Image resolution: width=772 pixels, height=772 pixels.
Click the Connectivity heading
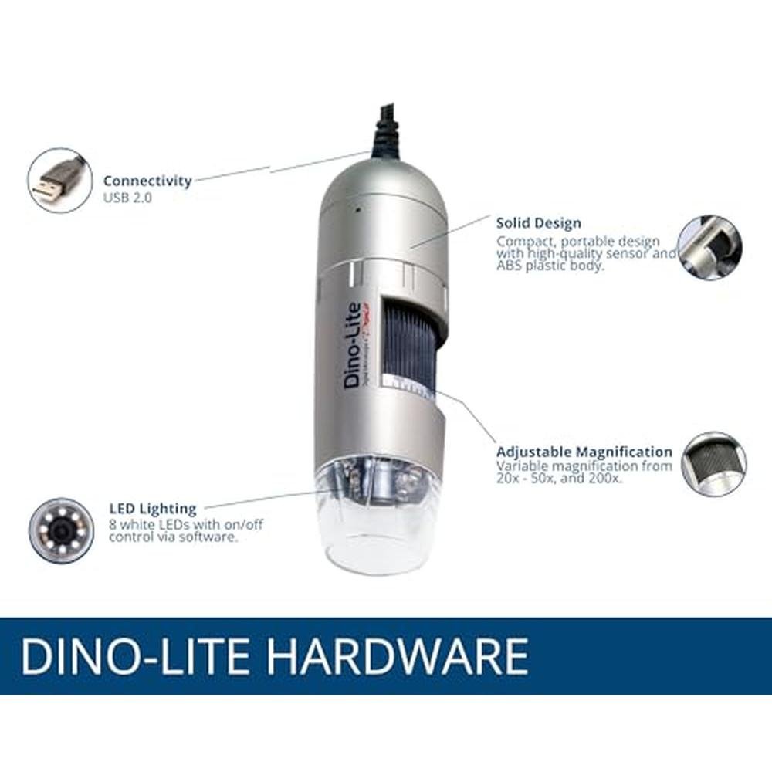[x=147, y=181]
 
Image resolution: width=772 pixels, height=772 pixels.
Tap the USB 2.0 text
[x=127, y=198]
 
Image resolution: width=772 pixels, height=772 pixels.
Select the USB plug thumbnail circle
[x=59, y=180]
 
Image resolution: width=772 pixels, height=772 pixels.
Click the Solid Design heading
[x=539, y=223]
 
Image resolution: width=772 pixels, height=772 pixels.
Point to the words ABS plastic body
[x=550, y=266]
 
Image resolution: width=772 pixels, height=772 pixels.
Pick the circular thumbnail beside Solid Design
[x=709, y=247]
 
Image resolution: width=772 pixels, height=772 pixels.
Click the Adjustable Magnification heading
[x=584, y=452]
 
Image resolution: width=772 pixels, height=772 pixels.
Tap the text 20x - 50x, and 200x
[x=559, y=478]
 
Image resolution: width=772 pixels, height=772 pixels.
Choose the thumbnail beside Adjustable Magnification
[x=714, y=464]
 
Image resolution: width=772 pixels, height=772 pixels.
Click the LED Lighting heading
[x=153, y=509]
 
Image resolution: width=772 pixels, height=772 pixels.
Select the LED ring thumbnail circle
[x=61, y=530]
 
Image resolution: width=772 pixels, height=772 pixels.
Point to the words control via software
[x=173, y=537]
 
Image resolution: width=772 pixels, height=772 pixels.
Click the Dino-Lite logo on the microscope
[x=353, y=344]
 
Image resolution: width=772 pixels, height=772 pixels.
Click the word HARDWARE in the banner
[x=399, y=656]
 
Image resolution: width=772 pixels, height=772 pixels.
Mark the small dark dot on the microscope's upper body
[x=358, y=210]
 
